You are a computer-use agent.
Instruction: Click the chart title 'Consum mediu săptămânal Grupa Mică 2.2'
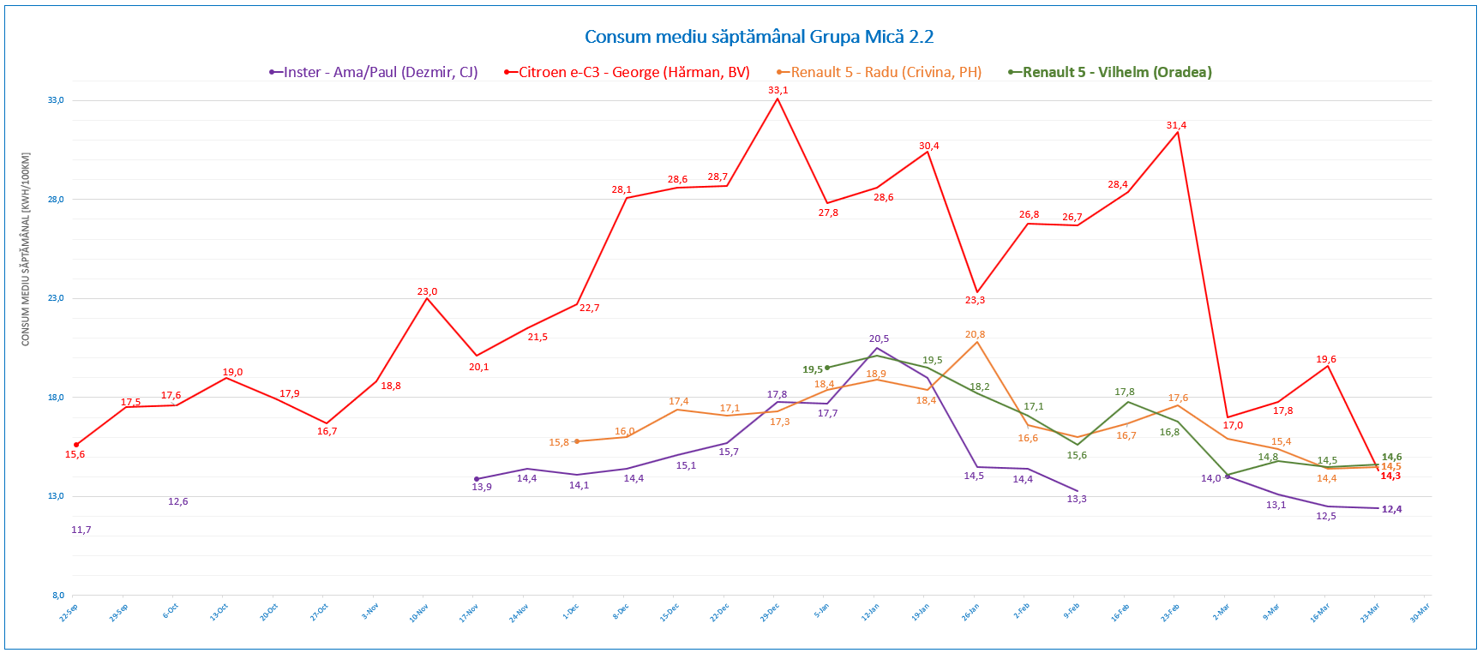pyautogui.click(x=759, y=37)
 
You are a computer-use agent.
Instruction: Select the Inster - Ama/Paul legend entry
pyautogui.click(x=374, y=73)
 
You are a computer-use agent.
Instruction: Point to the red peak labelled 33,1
pyautogui.click(x=778, y=99)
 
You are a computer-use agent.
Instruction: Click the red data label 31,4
pyautogui.click(x=1176, y=125)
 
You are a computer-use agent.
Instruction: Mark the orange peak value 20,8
pyautogui.click(x=975, y=334)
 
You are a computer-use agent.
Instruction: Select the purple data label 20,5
pyautogui.click(x=879, y=338)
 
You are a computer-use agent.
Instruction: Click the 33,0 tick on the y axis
pyautogui.click(x=56, y=100)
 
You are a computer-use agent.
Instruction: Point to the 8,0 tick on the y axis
pyautogui.click(x=57, y=596)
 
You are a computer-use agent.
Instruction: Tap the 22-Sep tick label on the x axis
pyautogui.click(x=69, y=612)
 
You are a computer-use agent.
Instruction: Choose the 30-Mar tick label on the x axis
pyautogui.click(x=1420, y=612)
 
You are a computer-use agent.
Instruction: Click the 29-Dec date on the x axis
pyautogui.click(x=770, y=612)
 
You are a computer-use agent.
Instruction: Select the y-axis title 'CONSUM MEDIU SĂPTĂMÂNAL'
pyautogui.click(x=26, y=249)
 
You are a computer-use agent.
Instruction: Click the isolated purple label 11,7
pyautogui.click(x=81, y=530)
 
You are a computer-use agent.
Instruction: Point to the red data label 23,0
pyautogui.click(x=427, y=291)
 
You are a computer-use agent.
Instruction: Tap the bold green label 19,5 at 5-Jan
pyautogui.click(x=813, y=369)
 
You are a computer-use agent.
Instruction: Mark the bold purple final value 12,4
pyautogui.click(x=1391, y=509)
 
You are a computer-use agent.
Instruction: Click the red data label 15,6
pyautogui.click(x=75, y=454)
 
